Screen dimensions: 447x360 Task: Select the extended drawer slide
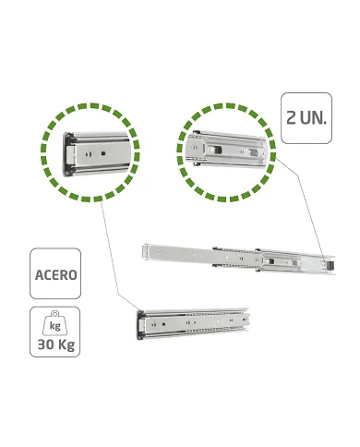235,255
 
